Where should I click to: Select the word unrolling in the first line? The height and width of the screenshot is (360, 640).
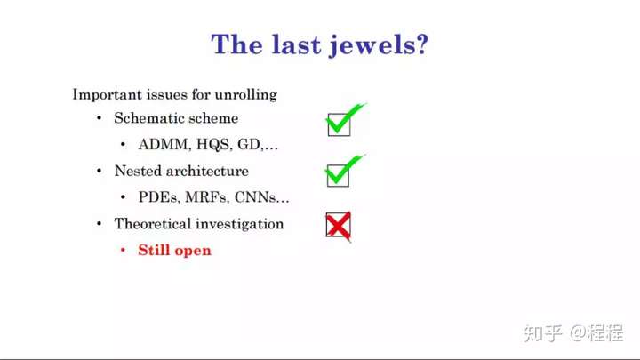(245, 95)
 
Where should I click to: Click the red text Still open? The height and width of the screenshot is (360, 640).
(175, 250)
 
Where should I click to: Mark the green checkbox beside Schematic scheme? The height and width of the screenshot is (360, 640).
(340, 124)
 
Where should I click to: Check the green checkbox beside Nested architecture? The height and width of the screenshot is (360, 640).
(339, 175)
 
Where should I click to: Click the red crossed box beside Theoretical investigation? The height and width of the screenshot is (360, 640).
(339, 225)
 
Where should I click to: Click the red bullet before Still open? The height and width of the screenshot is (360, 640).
(123, 250)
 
